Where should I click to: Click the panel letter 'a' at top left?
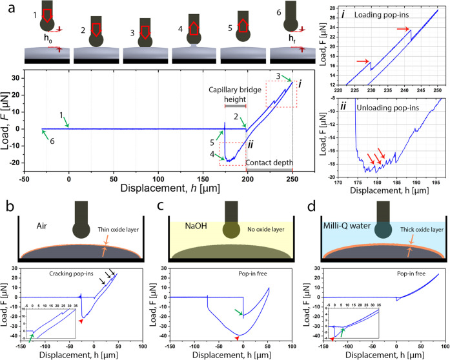click(x=5, y=6)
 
